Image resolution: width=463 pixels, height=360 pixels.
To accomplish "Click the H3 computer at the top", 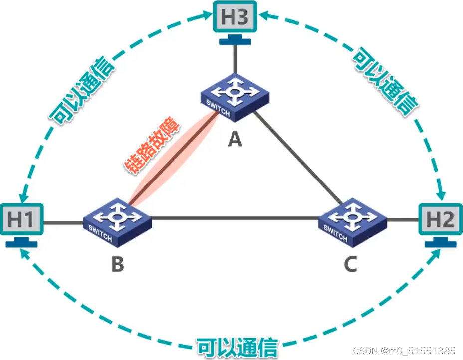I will (234, 18).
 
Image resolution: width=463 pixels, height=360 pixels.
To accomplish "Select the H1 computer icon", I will (21, 220).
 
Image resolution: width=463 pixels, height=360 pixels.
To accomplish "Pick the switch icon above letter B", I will (117, 223).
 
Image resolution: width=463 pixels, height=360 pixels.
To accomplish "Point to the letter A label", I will (234, 140).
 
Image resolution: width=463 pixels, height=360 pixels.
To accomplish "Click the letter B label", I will (117, 264).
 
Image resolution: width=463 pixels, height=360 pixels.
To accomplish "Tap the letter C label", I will (350, 265).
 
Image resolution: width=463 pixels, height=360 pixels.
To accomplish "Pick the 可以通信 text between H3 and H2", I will (385, 82).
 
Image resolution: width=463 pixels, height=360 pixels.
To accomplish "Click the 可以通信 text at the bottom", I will (237, 346).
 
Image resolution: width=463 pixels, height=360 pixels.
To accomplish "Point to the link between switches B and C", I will (234, 217).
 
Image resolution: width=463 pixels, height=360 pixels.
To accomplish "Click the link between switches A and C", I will (299, 160).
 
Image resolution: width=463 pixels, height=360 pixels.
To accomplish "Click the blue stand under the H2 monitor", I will (441, 244).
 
